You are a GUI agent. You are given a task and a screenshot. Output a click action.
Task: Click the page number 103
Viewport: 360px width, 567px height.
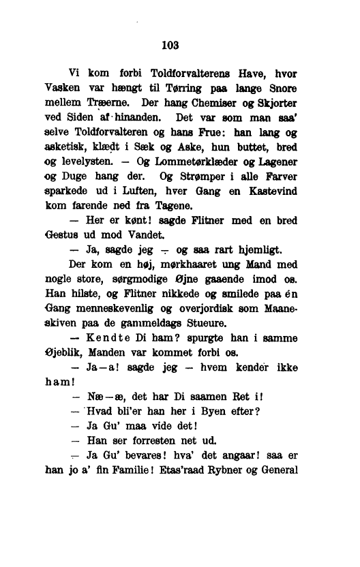pos(170,46)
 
